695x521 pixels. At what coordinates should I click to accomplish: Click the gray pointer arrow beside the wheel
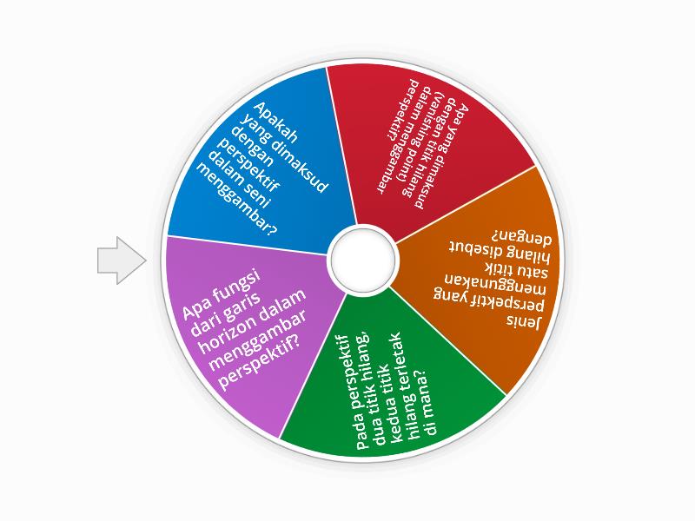click(122, 260)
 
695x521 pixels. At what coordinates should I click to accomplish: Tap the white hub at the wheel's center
click(362, 260)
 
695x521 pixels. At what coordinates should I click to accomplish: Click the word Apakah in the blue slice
click(275, 122)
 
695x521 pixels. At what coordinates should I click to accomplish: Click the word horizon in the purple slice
click(228, 331)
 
